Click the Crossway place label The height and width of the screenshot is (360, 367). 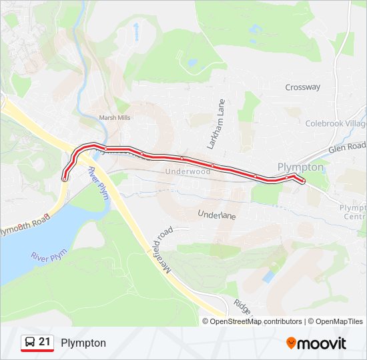[302, 87]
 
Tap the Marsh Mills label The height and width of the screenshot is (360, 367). [114, 118]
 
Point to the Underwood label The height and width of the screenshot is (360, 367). [188, 171]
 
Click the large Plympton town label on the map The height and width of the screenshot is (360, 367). [300, 167]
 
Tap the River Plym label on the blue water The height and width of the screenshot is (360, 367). [49, 255]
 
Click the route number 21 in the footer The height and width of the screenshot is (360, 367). [45, 342]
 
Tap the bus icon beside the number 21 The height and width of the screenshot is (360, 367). [30, 343]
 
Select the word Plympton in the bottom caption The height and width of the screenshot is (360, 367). [83, 343]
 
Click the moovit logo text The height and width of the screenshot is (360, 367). [322, 343]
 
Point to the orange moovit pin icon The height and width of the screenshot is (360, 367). [291, 343]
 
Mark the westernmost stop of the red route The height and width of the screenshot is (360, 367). [64, 179]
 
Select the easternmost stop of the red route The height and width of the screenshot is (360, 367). [304, 181]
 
